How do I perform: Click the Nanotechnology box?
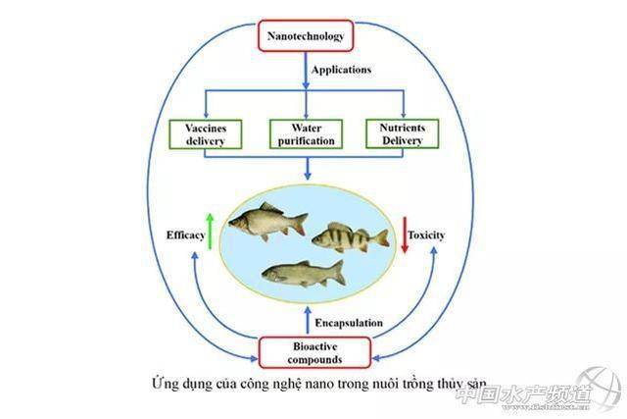306,36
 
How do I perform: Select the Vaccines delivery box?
205,133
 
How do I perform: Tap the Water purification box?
307,133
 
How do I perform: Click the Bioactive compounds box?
314,351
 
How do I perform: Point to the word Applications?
342,70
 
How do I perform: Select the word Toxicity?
432,236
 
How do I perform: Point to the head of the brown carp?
238,224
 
